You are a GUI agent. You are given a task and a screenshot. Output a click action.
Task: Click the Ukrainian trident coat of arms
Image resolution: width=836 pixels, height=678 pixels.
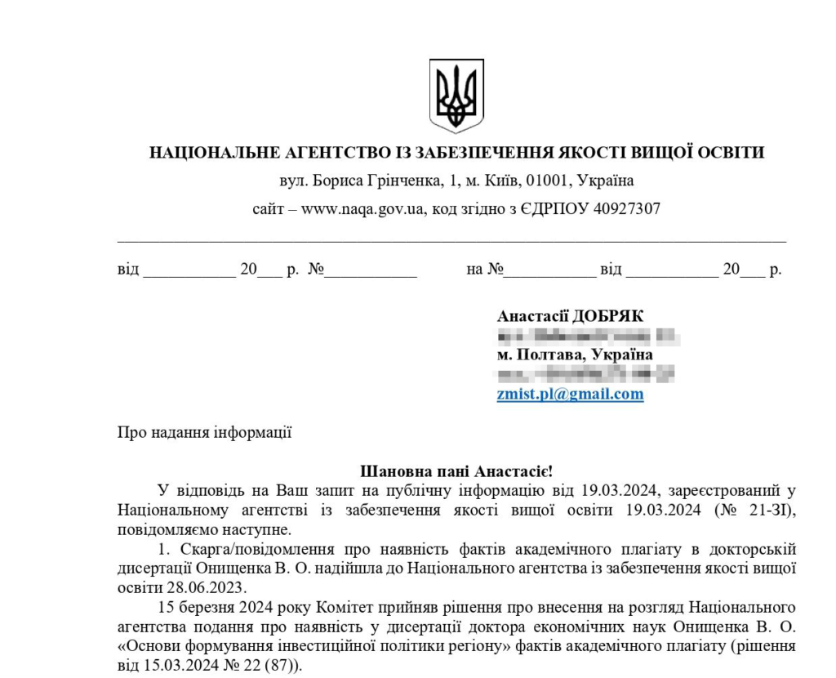tap(456, 96)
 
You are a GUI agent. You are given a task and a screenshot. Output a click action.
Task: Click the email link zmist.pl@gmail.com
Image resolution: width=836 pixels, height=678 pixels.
tap(570, 395)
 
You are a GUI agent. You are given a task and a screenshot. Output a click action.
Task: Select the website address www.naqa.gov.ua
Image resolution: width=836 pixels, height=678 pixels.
tap(362, 208)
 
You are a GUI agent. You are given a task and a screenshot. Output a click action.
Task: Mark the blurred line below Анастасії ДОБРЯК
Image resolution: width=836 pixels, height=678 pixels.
tap(588, 336)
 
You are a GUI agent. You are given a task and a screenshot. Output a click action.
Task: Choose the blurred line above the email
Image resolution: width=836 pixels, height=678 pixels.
tap(585, 375)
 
